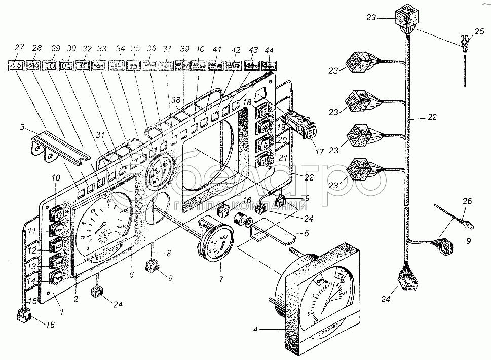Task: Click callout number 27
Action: click(20, 48)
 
